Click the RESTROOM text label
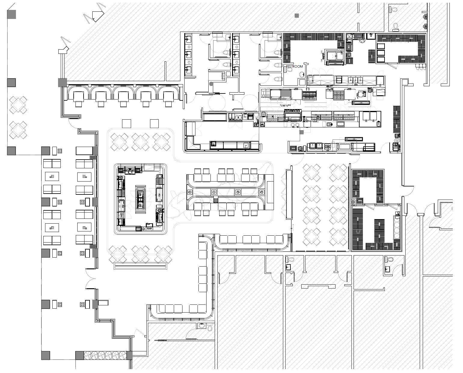point(294,66)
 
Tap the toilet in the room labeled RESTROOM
point(290,70)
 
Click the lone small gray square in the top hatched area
point(297,15)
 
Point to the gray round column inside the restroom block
point(211,84)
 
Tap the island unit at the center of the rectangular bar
point(140,199)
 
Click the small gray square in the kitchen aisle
point(302,132)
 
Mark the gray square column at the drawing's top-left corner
point(11,14)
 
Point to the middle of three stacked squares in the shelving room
point(381,53)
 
